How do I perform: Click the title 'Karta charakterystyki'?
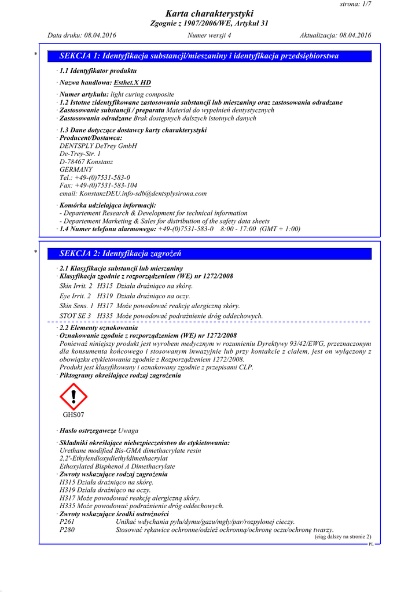click(209, 13)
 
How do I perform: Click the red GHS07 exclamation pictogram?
click(73, 397)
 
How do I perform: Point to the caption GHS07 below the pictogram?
click(73, 415)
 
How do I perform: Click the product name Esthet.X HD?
click(132, 83)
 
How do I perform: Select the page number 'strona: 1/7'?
click(355, 4)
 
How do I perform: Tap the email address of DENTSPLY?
click(133, 194)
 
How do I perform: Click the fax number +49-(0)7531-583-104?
click(98, 186)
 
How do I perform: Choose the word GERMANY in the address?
click(76, 170)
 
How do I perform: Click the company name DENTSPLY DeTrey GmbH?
click(98, 146)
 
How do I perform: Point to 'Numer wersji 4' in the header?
click(209, 35)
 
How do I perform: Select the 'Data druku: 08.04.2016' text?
click(82, 35)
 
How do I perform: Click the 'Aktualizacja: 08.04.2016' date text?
click(335, 35)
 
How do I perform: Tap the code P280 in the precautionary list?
click(68, 530)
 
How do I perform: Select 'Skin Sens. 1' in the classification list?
click(76, 306)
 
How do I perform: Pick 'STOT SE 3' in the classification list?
click(75, 316)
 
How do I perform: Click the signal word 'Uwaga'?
click(128, 431)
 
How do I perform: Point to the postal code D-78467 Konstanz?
click(86, 162)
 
